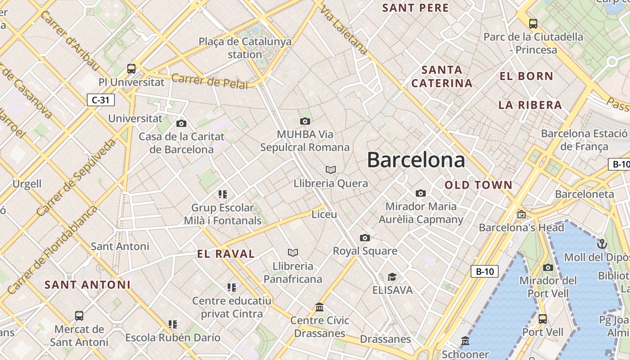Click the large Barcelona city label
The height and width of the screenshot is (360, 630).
pyautogui.click(x=416, y=160)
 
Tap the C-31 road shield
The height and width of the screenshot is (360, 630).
pyautogui.click(x=101, y=100)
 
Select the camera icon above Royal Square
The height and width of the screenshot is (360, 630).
pyautogui.click(x=365, y=238)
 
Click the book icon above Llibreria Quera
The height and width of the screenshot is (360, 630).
pyautogui.click(x=331, y=170)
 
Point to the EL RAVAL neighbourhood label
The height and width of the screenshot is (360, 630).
pyautogui.click(x=226, y=254)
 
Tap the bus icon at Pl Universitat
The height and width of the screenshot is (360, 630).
pyautogui.click(x=131, y=69)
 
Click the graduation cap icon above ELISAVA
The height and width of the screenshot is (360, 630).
pyautogui.click(x=392, y=277)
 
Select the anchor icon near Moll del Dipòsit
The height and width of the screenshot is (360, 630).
pyautogui.click(x=602, y=244)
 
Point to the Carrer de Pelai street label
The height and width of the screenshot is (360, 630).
pyautogui.click(x=210, y=81)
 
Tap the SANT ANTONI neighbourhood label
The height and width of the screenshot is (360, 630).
pyautogui.click(x=88, y=285)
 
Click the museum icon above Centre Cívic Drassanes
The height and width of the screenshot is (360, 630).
pyautogui.click(x=319, y=307)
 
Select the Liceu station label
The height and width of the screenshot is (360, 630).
pyautogui.click(x=324, y=214)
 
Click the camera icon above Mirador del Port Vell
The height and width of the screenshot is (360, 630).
pyautogui.click(x=548, y=267)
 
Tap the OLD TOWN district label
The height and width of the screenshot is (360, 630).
pyautogui.click(x=478, y=185)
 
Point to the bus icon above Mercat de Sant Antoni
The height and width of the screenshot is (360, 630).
pyautogui.click(x=79, y=315)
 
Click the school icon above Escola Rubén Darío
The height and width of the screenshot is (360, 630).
pyautogui.click(x=173, y=324)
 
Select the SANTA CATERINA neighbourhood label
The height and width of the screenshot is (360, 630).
pyautogui.click(x=442, y=76)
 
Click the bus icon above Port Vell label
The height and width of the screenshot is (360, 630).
pyautogui.click(x=543, y=319)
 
